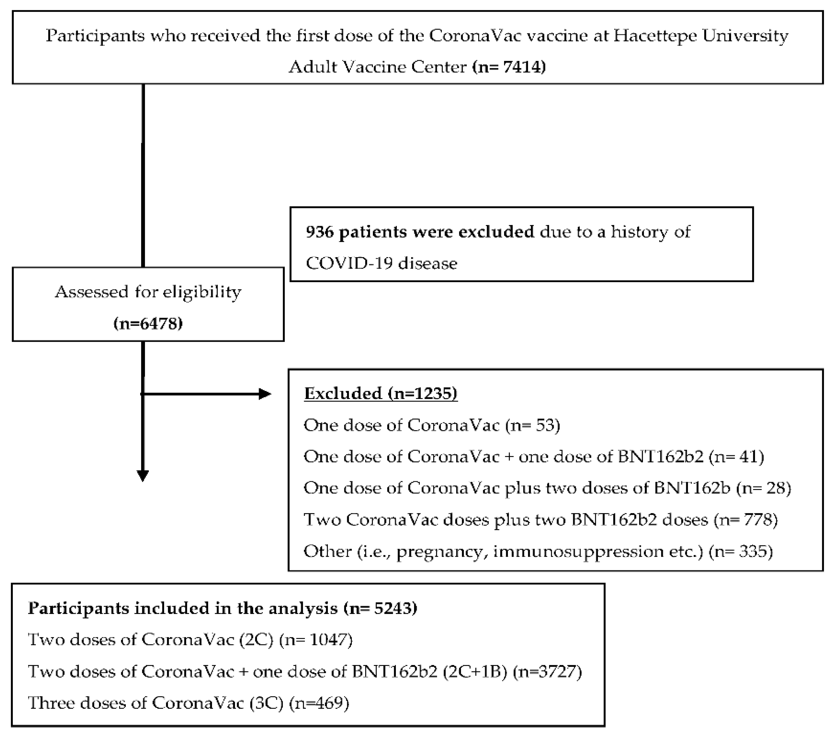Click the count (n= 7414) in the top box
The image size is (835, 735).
[509, 66]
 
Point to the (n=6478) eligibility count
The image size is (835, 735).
[148, 324]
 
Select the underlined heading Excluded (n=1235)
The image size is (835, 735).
[381, 393]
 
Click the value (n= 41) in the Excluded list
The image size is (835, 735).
[736, 456]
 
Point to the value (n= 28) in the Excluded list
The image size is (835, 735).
[763, 488]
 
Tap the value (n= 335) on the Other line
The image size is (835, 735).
[741, 552]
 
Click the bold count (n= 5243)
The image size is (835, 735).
[380, 608]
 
